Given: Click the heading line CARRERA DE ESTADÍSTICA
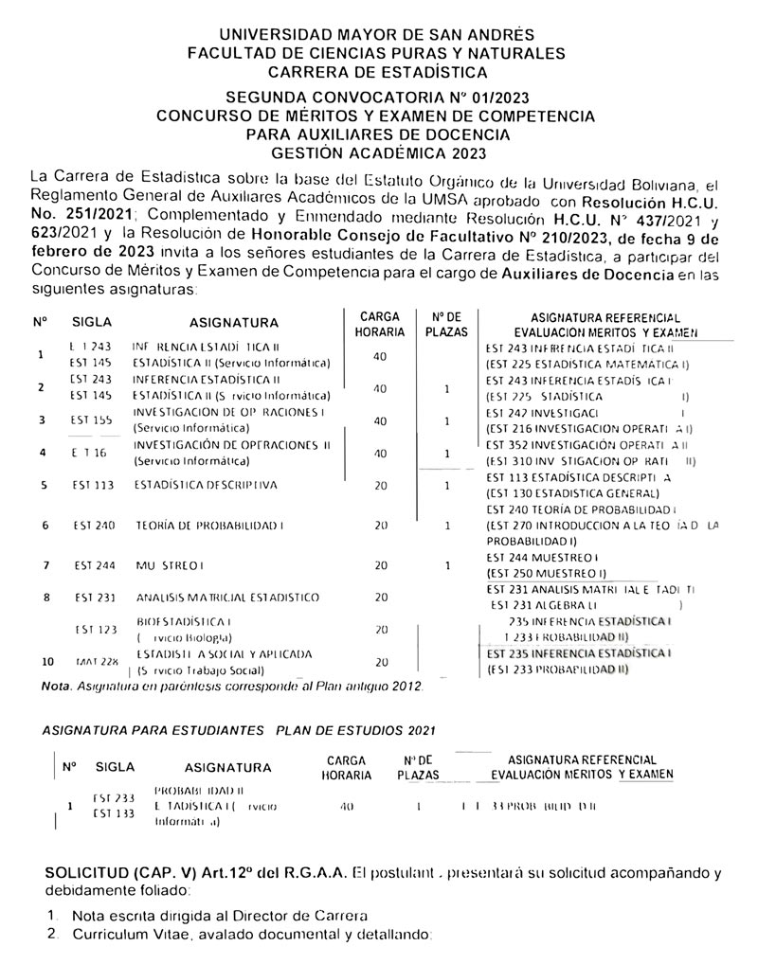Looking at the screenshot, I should coord(377,71).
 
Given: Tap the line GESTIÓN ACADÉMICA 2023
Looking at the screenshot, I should coord(377,152).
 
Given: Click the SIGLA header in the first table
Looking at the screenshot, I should coord(92,322).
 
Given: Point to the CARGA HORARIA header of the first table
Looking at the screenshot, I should coord(379,324).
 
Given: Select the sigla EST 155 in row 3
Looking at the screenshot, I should coord(92,420).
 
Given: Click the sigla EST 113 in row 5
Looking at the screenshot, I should coord(92,485).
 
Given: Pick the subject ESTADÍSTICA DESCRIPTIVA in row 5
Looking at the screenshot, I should coord(206,485).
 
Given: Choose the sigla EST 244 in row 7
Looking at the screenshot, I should coord(95,565).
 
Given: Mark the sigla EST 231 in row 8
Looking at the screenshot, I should coord(93,598).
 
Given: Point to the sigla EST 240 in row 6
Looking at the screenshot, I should coord(94,525).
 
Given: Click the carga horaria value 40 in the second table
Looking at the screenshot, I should coord(346,807).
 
